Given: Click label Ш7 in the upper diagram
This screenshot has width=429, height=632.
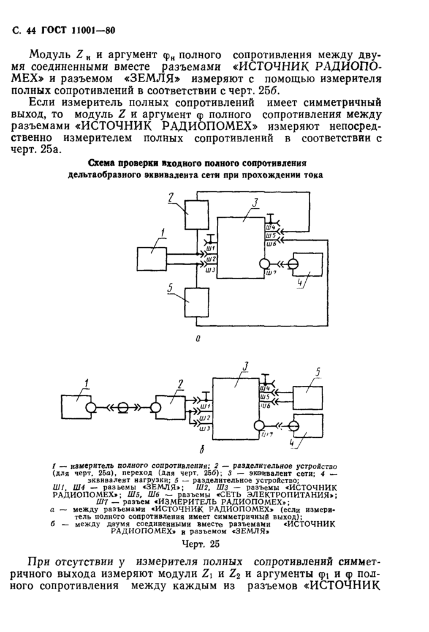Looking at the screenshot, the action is pos(271,273).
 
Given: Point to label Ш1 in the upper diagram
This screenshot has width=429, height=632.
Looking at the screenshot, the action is pos(210,249).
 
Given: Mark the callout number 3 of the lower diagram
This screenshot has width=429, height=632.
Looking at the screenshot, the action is pos(245,367).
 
